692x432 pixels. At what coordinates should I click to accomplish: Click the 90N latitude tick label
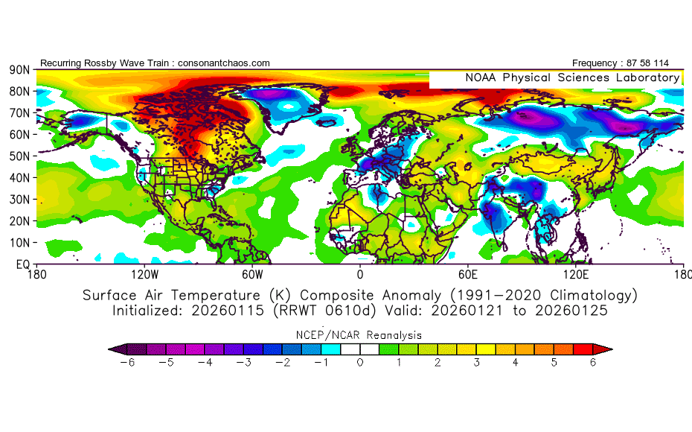(19, 70)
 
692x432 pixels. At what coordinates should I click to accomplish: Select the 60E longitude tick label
(469, 274)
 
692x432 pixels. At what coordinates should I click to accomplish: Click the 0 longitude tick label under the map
(360, 274)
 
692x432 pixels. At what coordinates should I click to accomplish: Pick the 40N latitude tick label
(19, 178)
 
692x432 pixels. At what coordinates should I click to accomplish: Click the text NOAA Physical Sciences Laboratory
(571, 77)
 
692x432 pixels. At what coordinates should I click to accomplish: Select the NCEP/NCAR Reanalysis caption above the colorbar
(360, 335)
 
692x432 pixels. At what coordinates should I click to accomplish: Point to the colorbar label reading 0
(360, 363)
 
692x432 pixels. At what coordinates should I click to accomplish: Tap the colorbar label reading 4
(516, 363)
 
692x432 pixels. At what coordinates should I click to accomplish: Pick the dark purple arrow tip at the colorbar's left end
(112, 349)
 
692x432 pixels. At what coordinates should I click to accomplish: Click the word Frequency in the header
(598, 63)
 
